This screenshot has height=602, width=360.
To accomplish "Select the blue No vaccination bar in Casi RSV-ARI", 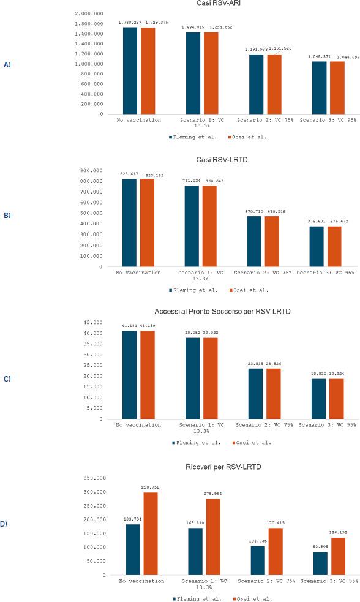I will [x=129, y=70].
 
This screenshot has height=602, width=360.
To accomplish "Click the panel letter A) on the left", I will [x=7, y=64].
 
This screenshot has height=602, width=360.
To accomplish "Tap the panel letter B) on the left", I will [x=7, y=216].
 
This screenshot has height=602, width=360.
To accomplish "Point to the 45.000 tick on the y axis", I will [x=94, y=322].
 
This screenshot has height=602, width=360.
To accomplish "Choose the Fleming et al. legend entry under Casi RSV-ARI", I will [x=191, y=137].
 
